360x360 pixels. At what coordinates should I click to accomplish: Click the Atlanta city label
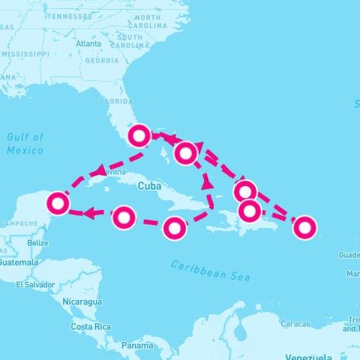pyautogui.click(x=88, y=43)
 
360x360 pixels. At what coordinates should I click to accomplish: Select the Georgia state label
pyautogui.click(x=102, y=61)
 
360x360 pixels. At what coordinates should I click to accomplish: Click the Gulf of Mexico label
pyautogui.click(x=25, y=143)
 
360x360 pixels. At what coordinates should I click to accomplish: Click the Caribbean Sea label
pyautogui.click(x=210, y=270)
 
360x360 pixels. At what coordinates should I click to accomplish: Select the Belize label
pyautogui.click(x=37, y=243)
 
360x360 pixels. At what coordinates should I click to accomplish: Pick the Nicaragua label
pyautogui.click(x=82, y=301)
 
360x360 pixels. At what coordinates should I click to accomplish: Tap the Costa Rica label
pyautogui.click(x=91, y=326)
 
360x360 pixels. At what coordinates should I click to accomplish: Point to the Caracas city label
pyautogui.click(x=295, y=324)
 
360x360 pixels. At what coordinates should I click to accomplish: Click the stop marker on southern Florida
pyautogui.click(x=139, y=136)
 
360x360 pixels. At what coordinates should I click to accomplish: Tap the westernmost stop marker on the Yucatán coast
pyautogui.click(x=58, y=202)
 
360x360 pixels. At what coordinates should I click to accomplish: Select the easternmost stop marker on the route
pyautogui.click(x=304, y=226)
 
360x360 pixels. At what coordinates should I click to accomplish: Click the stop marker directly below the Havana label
pyautogui.click(x=124, y=217)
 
